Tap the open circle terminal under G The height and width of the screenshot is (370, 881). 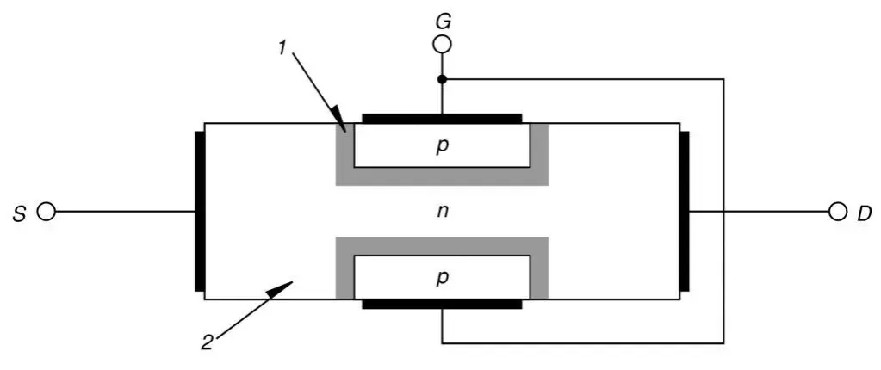442,45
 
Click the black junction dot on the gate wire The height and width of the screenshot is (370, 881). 442,79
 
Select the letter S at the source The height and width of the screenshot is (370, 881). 19,213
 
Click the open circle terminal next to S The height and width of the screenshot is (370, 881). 47,212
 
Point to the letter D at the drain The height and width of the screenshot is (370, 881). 864,213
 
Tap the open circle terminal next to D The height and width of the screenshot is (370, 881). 837,212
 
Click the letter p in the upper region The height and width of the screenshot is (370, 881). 443,145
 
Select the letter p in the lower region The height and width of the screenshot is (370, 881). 443,278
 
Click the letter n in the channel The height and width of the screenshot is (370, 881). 443,213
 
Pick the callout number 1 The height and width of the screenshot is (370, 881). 282,48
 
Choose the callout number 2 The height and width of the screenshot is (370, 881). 207,342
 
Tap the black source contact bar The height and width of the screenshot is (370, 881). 200,211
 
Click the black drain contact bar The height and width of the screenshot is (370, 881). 684,211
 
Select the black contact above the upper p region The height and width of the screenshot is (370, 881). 442,119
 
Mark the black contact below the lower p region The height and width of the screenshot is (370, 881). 442,304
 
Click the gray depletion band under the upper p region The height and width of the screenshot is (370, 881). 442,176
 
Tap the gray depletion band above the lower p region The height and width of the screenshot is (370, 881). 442,246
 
